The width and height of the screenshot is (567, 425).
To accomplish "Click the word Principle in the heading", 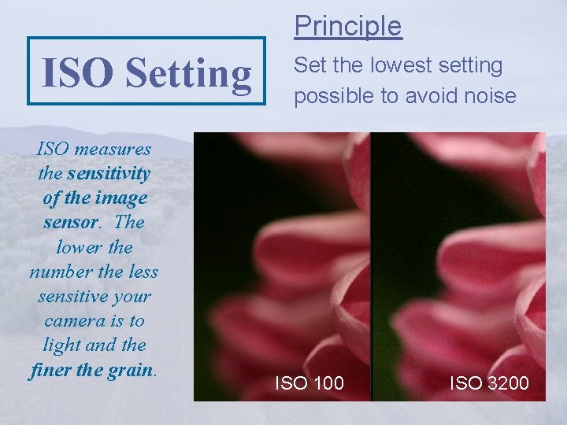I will click(x=348, y=26).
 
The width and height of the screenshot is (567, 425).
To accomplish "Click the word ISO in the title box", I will click(x=80, y=73).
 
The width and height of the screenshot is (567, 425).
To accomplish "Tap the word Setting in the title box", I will click(x=188, y=73).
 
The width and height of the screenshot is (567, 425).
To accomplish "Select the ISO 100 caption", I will click(x=309, y=383).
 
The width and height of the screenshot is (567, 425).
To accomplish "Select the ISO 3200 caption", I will click(x=489, y=383).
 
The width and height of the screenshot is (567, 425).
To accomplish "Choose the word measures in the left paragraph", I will click(x=113, y=148).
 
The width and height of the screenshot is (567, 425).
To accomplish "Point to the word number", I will click(x=61, y=272).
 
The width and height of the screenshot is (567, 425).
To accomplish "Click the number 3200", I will click(x=506, y=383).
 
